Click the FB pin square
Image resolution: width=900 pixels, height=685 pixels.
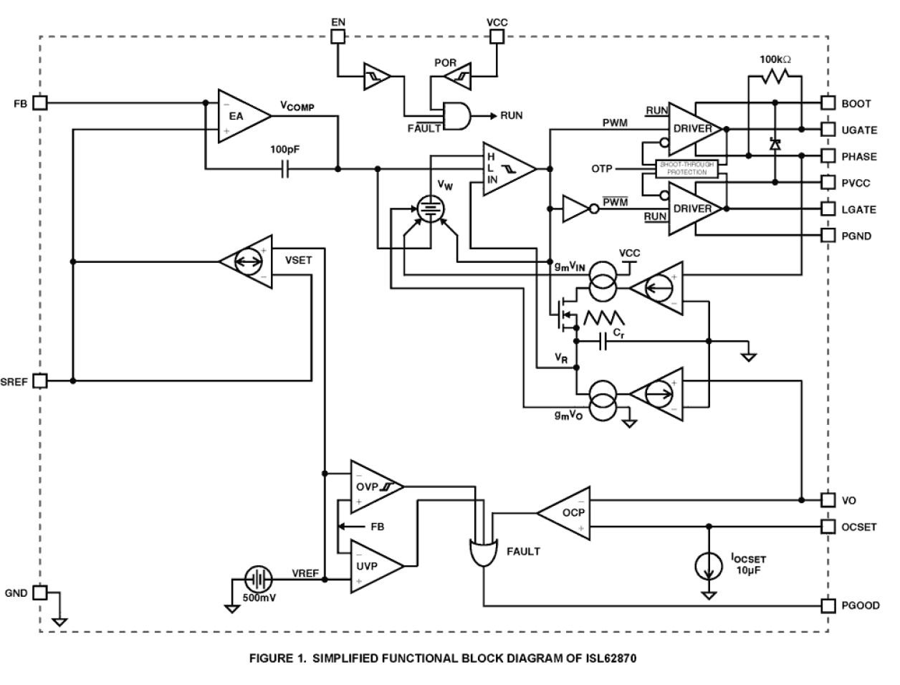pyautogui.click(x=41, y=103)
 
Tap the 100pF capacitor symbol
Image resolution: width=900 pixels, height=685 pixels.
pyautogui.click(x=285, y=170)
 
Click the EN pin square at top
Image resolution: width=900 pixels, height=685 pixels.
pyautogui.click(x=337, y=37)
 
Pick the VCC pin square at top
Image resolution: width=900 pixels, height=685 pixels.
pyautogui.click(x=496, y=37)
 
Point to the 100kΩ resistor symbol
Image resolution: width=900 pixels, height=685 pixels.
pyautogui.click(x=774, y=77)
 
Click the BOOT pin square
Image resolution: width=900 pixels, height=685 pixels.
pyautogui.click(x=828, y=103)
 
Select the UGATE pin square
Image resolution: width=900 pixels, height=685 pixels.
pyautogui.click(x=828, y=130)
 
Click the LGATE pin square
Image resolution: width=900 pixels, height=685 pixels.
pyautogui.click(x=828, y=209)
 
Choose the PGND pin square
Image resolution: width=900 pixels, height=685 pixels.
pyautogui.click(x=828, y=235)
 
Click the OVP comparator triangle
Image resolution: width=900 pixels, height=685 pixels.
pyautogui.click(x=373, y=487)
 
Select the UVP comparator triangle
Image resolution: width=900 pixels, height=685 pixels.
pyautogui.click(x=373, y=566)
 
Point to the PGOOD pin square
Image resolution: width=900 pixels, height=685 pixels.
pyautogui.click(x=828, y=605)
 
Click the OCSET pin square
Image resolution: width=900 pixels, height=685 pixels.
pyautogui.click(x=828, y=527)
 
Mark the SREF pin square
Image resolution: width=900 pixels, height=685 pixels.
pyautogui.click(x=41, y=381)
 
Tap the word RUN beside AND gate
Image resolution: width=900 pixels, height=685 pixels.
pyautogui.click(x=512, y=115)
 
